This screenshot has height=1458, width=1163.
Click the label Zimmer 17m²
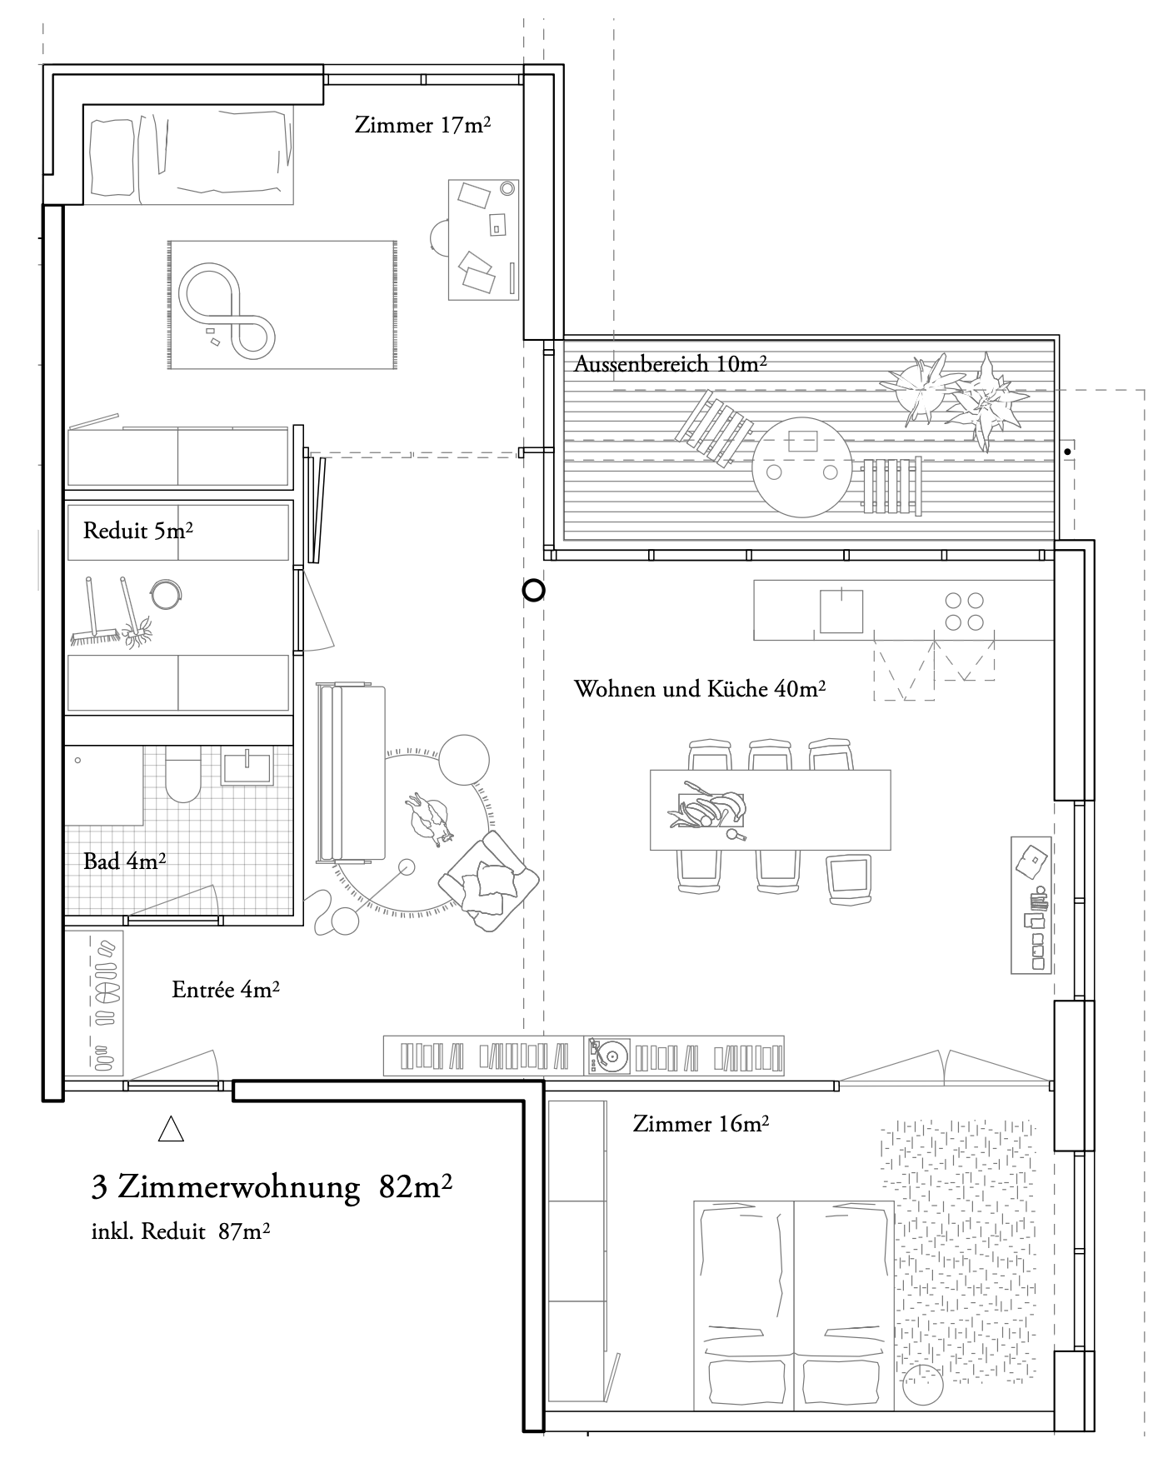tap(422, 126)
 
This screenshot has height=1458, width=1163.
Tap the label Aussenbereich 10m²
tap(670, 364)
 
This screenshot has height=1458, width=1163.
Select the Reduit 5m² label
tap(138, 531)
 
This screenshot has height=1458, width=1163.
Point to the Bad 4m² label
tap(124, 861)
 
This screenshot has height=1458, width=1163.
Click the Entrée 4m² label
tap(225, 990)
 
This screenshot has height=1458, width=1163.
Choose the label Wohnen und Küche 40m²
tap(699, 689)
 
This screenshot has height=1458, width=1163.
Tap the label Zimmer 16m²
tap(700, 1124)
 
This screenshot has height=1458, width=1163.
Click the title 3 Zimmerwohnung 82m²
tap(272, 1187)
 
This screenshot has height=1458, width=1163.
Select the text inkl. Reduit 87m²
tap(180, 1231)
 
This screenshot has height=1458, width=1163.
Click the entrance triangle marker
tap(171, 1129)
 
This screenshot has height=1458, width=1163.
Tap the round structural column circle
tap(533, 591)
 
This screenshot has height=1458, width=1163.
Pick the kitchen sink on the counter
tap(841, 611)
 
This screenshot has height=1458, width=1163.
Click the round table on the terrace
tap(801, 467)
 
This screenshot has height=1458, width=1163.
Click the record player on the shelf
tap(609, 1056)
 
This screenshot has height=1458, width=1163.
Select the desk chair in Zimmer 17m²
tap(439, 236)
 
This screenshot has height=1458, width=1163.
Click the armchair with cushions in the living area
tap(488, 881)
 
